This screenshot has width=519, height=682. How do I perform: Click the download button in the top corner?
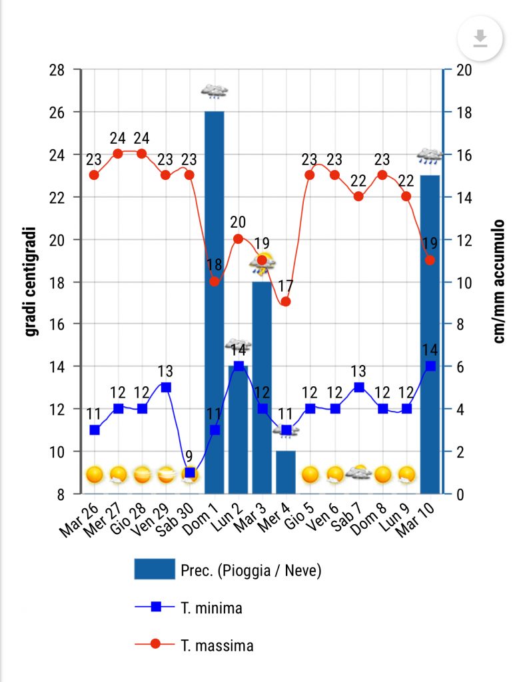(479, 39)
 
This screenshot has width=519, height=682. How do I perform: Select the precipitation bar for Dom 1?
(214, 300)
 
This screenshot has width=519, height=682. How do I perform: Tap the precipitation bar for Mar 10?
(430, 333)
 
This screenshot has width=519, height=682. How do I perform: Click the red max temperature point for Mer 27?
(118, 154)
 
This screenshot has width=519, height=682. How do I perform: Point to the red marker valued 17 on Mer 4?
(286, 302)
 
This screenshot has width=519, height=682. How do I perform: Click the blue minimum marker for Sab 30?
(190, 473)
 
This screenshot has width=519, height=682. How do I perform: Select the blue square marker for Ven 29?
(166, 387)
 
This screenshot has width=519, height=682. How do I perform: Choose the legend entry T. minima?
(211, 607)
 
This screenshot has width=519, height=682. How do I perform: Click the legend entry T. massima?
(217, 645)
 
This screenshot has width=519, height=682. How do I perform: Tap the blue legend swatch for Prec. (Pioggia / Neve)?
(154, 569)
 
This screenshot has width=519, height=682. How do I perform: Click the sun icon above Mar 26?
(95, 475)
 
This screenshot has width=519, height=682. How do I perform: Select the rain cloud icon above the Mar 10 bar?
(430, 157)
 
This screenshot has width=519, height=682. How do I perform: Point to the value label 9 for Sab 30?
(189, 457)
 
